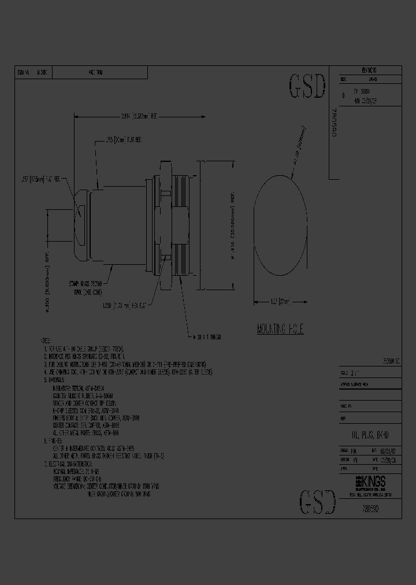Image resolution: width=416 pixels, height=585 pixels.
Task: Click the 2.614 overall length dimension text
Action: pyautogui.click(x=137, y=116)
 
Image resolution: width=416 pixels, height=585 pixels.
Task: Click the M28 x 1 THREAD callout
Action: pyautogui.click(x=205, y=336)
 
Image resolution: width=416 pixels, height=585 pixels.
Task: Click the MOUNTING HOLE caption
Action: pyautogui.click(x=280, y=329)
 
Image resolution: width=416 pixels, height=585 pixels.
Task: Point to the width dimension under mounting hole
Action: pyautogui.click(x=280, y=301)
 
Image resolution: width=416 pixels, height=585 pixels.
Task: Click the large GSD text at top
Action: pyautogui.click(x=306, y=87)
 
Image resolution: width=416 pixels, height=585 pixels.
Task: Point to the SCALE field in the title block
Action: pyautogui.click(x=347, y=372)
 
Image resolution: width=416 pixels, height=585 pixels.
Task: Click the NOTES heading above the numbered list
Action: pyautogui.click(x=46, y=342)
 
